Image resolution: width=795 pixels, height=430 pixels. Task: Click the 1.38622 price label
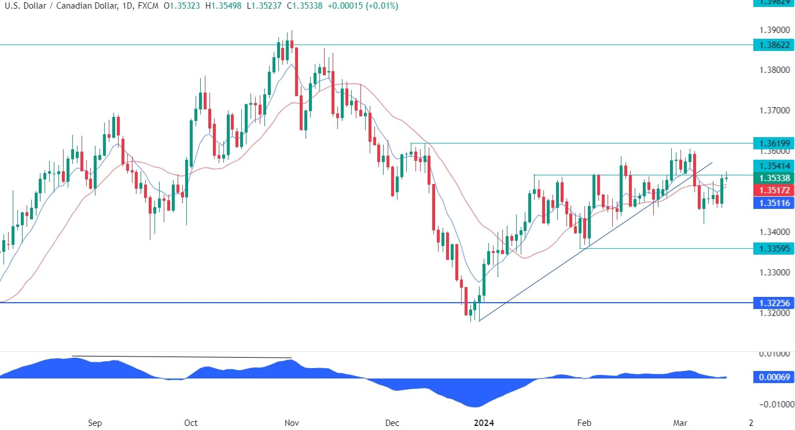(x=772, y=45)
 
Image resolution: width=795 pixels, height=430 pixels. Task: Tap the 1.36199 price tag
(x=772, y=142)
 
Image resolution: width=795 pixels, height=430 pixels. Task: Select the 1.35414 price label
(x=772, y=165)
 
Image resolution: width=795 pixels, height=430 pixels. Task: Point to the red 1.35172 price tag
(x=772, y=190)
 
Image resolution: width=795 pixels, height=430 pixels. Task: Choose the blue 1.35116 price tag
(x=772, y=203)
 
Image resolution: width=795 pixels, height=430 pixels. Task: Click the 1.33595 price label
(x=772, y=248)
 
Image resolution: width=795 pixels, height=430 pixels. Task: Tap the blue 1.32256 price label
(x=772, y=303)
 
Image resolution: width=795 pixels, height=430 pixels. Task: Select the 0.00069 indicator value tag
(x=772, y=377)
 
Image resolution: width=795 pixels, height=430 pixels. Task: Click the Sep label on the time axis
(x=95, y=422)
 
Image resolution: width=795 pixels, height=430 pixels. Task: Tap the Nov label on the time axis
(x=291, y=422)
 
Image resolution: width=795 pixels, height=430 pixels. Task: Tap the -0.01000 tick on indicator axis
(x=771, y=404)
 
